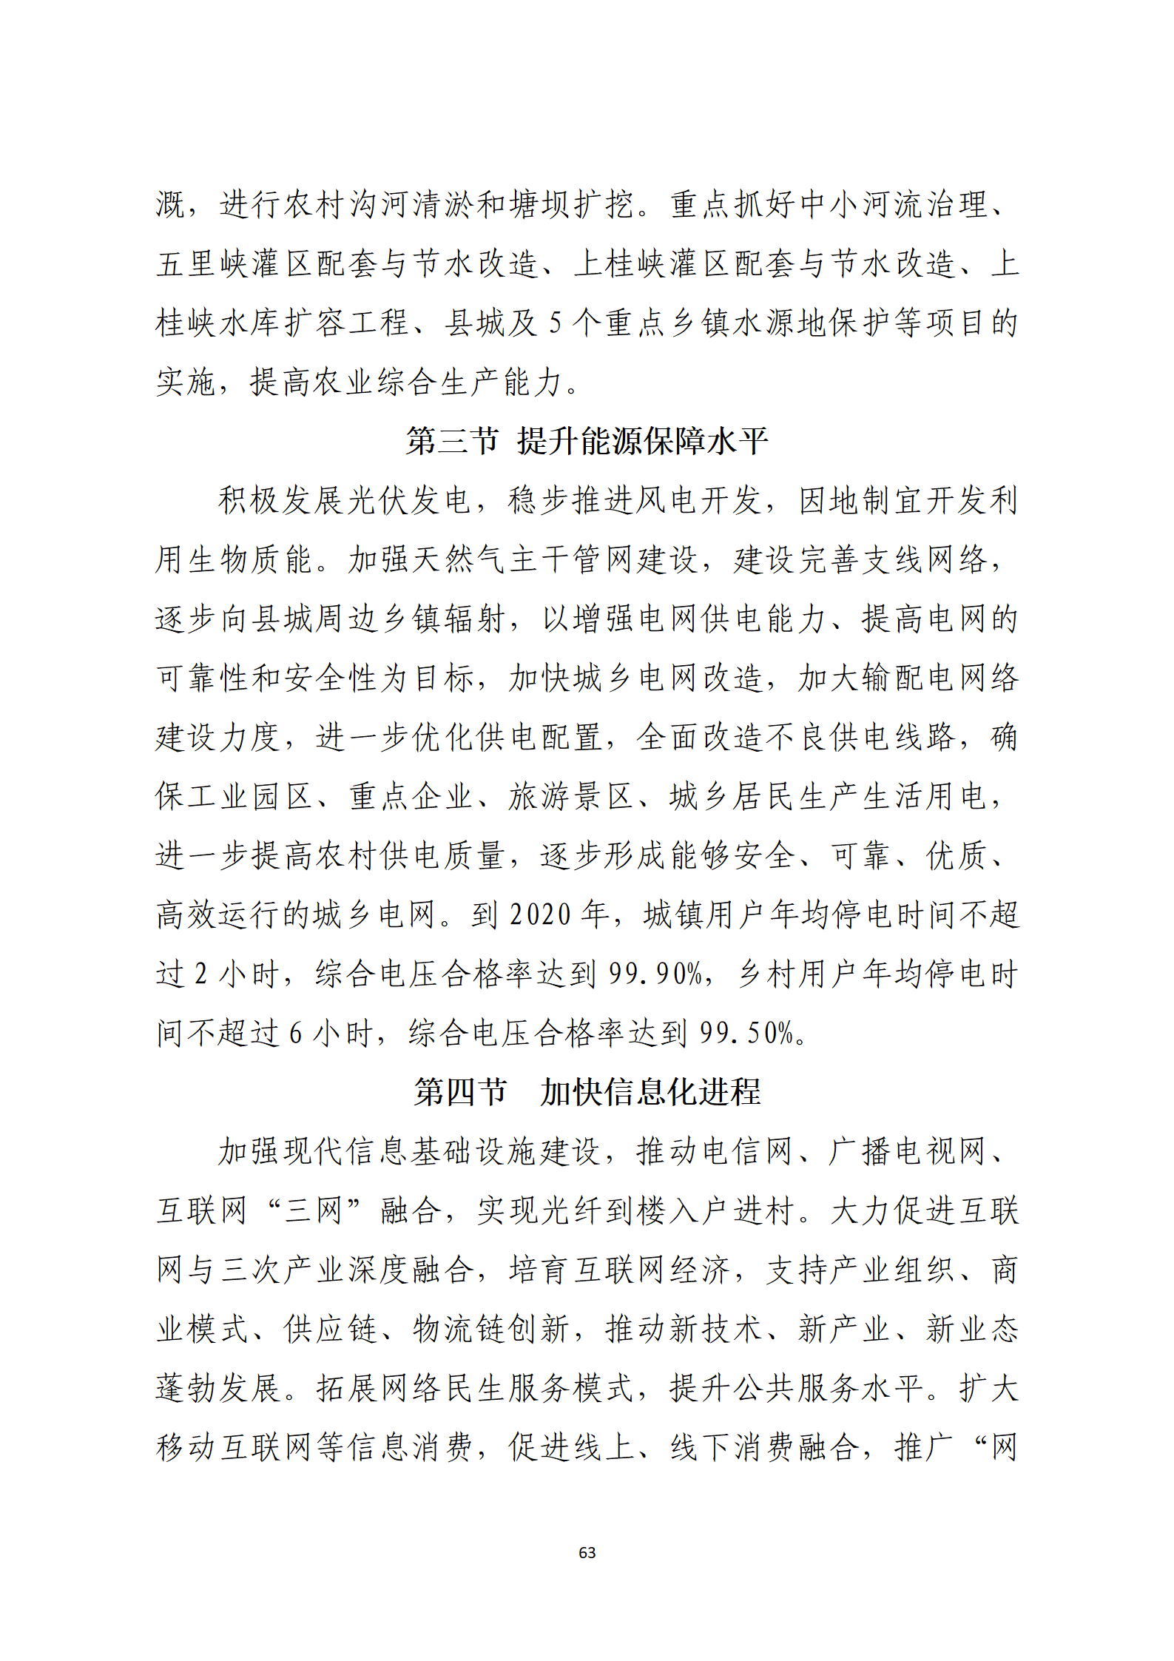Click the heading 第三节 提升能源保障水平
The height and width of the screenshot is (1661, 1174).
[587, 441]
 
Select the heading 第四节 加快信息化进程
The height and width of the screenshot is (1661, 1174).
[587, 1092]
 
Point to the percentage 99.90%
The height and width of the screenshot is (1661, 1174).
[655, 974]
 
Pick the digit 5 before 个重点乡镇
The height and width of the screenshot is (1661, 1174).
[556, 323]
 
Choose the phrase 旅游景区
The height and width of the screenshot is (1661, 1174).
[570, 796]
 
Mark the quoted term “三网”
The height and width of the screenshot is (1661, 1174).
[314, 1210]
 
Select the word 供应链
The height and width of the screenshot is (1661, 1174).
[330, 1329]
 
